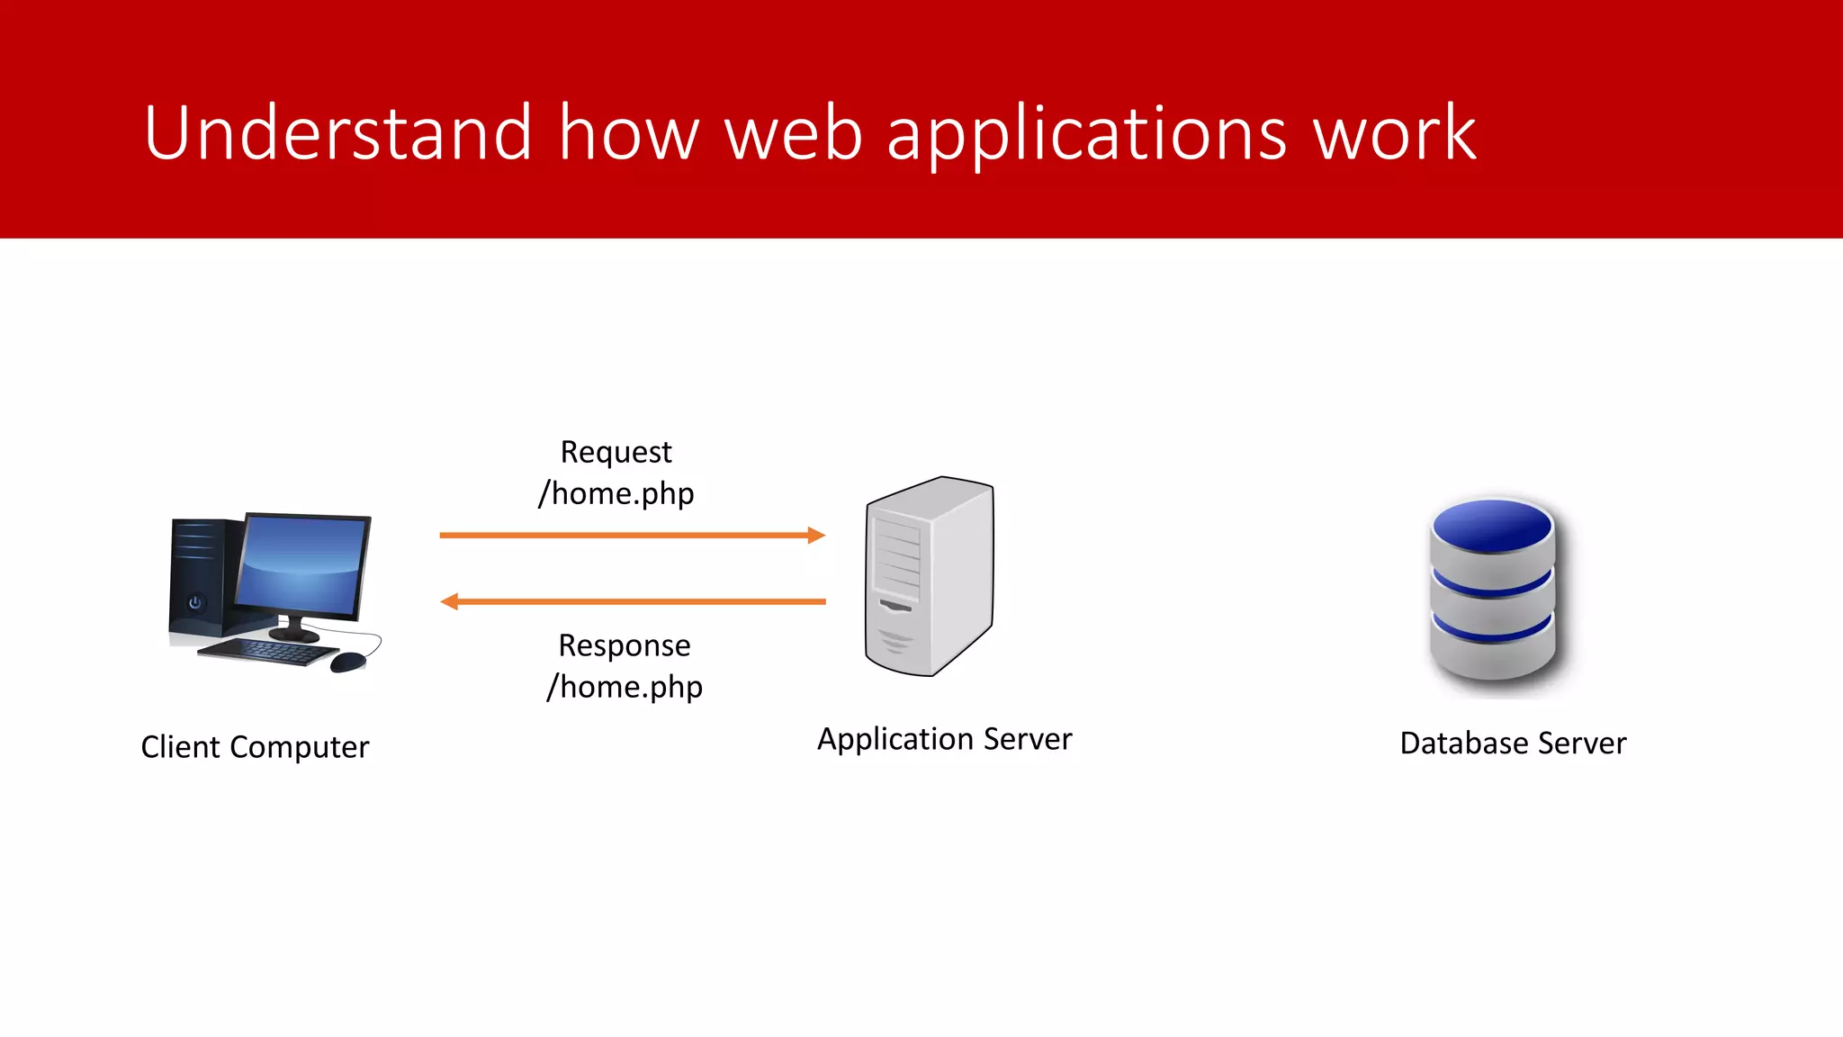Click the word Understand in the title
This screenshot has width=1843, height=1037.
pyautogui.click(x=337, y=133)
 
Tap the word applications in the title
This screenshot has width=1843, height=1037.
pyautogui.click(x=1086, y=135)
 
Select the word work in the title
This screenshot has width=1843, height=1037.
pyautogui.click(x=1394, y=133)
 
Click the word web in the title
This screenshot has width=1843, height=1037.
pyautogui.click(x=793, y=133)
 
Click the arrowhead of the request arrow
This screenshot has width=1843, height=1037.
pyautogui.click(x=816, y=536)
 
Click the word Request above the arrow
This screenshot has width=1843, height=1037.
pyautogui.click(x=616, y=453)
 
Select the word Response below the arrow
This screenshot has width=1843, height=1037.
pyautogui.click(x=624, y=645)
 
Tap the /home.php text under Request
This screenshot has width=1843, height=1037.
pyautogui.click(x=616, y=493)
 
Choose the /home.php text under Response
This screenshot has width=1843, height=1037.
pyautogui.click(x=625, y=687)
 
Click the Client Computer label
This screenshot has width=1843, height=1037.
pyautogui.click(x=255, y=747)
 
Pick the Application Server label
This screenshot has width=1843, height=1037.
pyautogui.click(x=944, y=739)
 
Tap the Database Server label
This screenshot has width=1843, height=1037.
pyautogui.click(x=1513, y=744)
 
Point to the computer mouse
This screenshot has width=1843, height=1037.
pyautogui.click(x=347, y=663)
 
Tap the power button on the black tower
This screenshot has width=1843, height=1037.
pyautogui.click(x=194, y=602)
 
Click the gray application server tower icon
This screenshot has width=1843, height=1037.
pyautogui.click(x=930, y=576)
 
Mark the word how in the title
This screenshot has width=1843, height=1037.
pyautogui.click(x=628, y=133)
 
